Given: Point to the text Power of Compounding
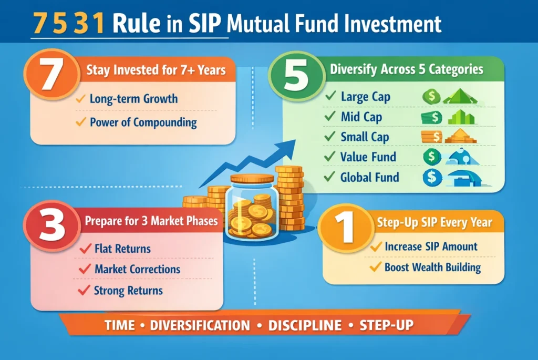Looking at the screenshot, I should [143, 123].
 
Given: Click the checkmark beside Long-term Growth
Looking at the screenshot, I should [80, 99].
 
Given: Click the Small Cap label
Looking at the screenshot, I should [365, 137].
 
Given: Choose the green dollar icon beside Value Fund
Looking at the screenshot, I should [431, 157].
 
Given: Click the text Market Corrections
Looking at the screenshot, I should [137, 269].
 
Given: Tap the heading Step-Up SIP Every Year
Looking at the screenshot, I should [434, 223].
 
